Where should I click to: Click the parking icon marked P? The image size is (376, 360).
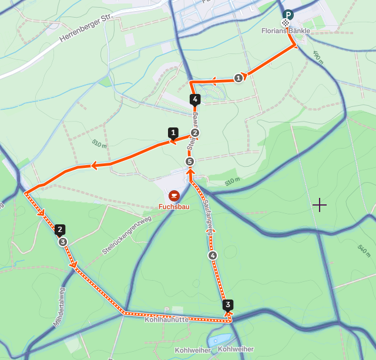pyautogui.click(x=288, y=15)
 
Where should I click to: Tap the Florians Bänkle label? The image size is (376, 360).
pyautogui.click(x=286, y=31)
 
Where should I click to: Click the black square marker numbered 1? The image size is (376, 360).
pyautogui.click(x=173, y=133)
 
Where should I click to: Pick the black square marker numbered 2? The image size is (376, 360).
pyautogui.click(x=60, y=230)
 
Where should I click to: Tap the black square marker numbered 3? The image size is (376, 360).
pyautogui.click(x=228, y=305)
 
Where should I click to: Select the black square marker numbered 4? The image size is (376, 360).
pyautogui.click(x=195, y=99)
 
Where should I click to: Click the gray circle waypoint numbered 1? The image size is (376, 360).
pyautogui.click(x=238, y=78)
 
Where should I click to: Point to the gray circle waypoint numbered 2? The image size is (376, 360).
pyautogui.click(x=195, y=133)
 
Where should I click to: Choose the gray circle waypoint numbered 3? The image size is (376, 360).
pyautogui.click(x=63, y=241)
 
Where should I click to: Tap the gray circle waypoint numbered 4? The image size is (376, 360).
pyautogui.click(x=213, y=255)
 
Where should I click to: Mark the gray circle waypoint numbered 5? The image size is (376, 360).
pyautogui.click(x=189, y=161)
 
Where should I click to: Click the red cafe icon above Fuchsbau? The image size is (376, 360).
pyautogui.click(x=174, y=196)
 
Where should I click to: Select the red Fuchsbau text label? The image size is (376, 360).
pyautogui.click(x=174, y=207)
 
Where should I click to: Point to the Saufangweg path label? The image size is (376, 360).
pyautogui.click(x=209, y=218)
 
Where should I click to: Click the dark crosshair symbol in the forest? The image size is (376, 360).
pyautogui.click(x=320, y=205)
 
